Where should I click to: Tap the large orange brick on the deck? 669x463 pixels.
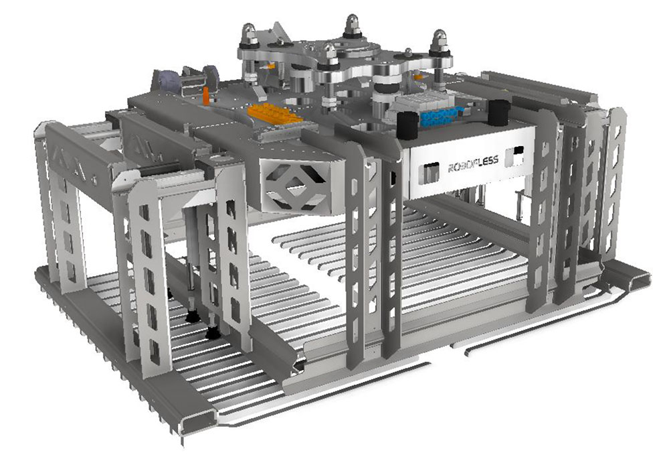(274, 113)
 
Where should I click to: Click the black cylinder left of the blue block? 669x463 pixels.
(407, 125)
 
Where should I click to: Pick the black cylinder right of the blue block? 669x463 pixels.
(498, 113)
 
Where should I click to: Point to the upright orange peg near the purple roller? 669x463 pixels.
(206, 96)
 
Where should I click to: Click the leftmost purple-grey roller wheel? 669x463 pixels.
(165, 80)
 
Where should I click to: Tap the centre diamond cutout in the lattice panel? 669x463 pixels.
(294, 185)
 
